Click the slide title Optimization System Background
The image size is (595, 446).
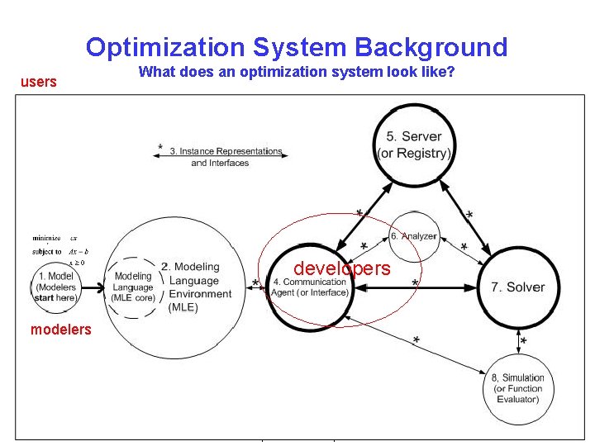(297, 47)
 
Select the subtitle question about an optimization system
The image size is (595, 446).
(297, 72)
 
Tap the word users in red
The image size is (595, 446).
(39, 82)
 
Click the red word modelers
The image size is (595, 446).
(61, 330)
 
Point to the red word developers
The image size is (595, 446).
(342, 268)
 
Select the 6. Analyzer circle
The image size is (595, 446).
(413, 235)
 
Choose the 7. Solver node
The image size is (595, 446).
(517, 287)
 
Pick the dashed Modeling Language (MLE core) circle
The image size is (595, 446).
(134, 287)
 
